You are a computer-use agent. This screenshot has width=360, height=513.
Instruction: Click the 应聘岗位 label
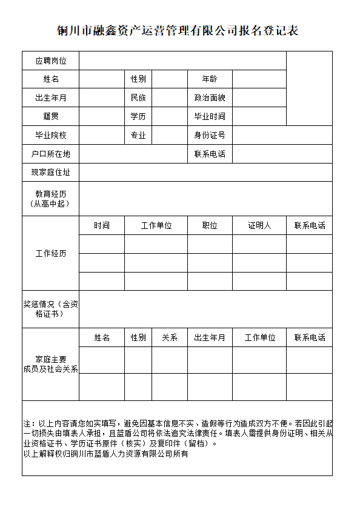tap(51, 61)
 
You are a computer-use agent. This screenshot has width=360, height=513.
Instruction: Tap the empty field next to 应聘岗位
tap(182, 61)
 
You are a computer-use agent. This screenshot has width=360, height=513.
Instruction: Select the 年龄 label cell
tap(210, 79)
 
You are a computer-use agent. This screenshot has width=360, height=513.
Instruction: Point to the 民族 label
tap(138, 98)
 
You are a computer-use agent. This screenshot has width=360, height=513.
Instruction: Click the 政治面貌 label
tap(210, 98)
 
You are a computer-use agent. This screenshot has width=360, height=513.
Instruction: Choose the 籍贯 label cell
tap(51, 116)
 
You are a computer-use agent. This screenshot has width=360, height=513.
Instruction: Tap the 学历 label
tap(138, 116)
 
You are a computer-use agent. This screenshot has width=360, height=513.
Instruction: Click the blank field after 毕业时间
tap(259, 116)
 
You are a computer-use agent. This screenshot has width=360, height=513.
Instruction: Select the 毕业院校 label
tap(51, 135)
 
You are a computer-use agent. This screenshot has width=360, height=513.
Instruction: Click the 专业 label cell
tap(138, 135)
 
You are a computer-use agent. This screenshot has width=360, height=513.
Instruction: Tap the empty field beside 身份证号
tap(282, 135)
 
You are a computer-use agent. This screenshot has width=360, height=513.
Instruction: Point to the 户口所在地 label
tap(51, 154)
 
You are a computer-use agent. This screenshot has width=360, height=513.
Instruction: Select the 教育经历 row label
tap(51, 199)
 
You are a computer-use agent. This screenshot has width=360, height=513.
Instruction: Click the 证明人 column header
tap(259, 225)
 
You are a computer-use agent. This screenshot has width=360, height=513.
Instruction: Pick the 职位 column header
tap(210, 225)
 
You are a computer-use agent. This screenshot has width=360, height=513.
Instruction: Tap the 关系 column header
tap(170, 337)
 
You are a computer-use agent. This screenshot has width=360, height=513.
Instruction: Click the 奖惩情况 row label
tap(51, 309)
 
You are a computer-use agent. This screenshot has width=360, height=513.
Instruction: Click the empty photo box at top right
tap(309, 88)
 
